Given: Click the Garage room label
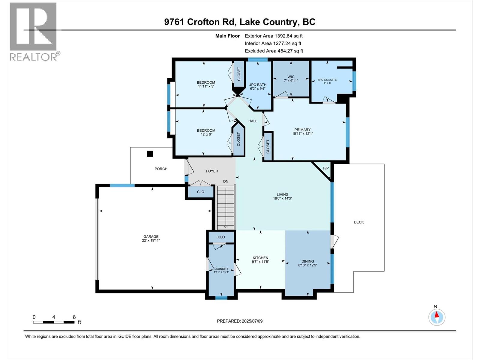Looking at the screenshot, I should tap(151, 237).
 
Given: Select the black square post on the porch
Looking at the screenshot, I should tap(150, 154).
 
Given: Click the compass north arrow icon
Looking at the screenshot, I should tap(437, 317).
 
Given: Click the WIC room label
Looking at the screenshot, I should tap(291, 77).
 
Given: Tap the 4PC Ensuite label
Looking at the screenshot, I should tap(327, 80).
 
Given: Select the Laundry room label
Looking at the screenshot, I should tap(221, 269).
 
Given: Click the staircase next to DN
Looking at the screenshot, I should tap(226, 207).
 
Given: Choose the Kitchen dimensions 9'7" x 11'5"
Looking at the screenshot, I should tap(260, 262).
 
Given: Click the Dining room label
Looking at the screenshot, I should tap(308, 261).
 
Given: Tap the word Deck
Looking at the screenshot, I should tap(359, 222).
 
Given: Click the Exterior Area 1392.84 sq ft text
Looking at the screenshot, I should tap(274, 36).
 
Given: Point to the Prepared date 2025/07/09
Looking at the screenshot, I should tap(240, 321).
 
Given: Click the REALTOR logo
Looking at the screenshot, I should tap(33, 31).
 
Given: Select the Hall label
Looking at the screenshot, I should tap(253, 121).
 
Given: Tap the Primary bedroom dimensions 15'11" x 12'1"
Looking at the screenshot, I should tap(302, 134).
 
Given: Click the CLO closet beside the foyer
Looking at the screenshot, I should tap(200, 192).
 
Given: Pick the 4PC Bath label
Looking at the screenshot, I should tap(258, 85).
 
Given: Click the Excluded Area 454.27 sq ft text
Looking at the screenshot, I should tap(274, 51).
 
